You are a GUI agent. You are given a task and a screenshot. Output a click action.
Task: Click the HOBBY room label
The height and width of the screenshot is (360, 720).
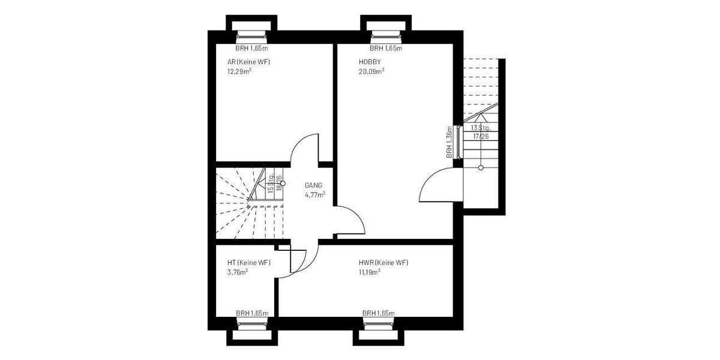tap(370, 62)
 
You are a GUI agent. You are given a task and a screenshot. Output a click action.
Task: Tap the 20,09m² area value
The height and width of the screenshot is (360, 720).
tap(371, 70)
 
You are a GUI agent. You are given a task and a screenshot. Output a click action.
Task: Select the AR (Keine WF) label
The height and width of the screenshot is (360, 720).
tap(248, 62)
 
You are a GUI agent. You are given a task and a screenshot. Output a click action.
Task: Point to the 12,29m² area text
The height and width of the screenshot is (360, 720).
tap(239, 71)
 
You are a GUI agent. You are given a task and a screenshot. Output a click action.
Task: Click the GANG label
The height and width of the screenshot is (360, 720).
tap(314, 185)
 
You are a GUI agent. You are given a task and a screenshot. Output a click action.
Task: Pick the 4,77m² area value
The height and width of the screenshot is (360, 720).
tap(315, 194)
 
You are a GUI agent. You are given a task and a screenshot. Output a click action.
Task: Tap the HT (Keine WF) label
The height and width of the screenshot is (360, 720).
tap(248, 263)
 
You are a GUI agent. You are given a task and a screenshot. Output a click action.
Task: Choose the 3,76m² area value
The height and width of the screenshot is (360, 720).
tap(238, 271)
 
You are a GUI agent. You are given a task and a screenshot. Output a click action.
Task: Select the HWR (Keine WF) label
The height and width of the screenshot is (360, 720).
tap(383, 263)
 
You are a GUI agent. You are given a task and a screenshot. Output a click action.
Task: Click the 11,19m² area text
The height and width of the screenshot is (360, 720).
tap(370, 271)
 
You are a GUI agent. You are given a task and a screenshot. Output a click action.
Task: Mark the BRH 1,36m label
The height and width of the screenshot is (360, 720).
tap(449, 142)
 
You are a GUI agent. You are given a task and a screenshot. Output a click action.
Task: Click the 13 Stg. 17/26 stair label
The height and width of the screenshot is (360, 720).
tap(481, 132)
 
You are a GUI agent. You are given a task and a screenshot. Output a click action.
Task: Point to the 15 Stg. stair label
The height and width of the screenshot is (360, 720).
tap(271, 183)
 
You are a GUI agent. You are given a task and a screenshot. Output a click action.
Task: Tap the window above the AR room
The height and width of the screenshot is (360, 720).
tap(251, 34)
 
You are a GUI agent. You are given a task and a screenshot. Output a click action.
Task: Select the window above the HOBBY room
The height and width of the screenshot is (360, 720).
tap(385, 34)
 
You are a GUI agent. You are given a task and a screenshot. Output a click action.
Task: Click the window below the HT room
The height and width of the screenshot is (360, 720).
tap(251, 325)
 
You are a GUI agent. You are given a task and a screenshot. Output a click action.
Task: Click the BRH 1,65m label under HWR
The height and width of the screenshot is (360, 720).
tap(378, 313)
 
